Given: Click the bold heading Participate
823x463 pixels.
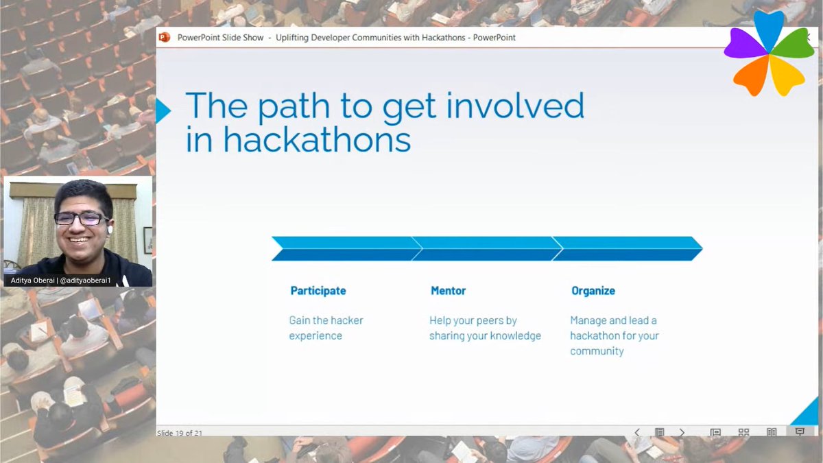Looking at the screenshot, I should (318, 291).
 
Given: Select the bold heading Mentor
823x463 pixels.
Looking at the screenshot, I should (448, 291).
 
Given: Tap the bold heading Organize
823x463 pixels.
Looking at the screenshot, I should (593, 291).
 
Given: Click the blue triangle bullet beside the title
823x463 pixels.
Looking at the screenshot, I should (163, 110).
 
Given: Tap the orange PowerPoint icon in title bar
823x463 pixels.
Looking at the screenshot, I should (164, 37).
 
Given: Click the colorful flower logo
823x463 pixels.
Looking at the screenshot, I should (769, 53).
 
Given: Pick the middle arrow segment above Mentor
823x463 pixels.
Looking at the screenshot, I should (486, 248).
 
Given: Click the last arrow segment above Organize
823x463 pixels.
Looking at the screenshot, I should (626, 248).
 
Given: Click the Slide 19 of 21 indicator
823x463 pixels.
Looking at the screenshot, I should (179, 433).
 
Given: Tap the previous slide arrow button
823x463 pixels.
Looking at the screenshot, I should (636, 432).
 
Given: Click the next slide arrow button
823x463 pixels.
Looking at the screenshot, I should (681, 432).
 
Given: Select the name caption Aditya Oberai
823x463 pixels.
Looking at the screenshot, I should (37, 281).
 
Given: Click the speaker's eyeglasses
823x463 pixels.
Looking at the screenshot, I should (80, 218).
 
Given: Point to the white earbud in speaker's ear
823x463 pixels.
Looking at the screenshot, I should (110, 230).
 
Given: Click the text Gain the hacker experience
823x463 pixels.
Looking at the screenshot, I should (326, 328).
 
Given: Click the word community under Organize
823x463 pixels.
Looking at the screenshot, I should (597, 351).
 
